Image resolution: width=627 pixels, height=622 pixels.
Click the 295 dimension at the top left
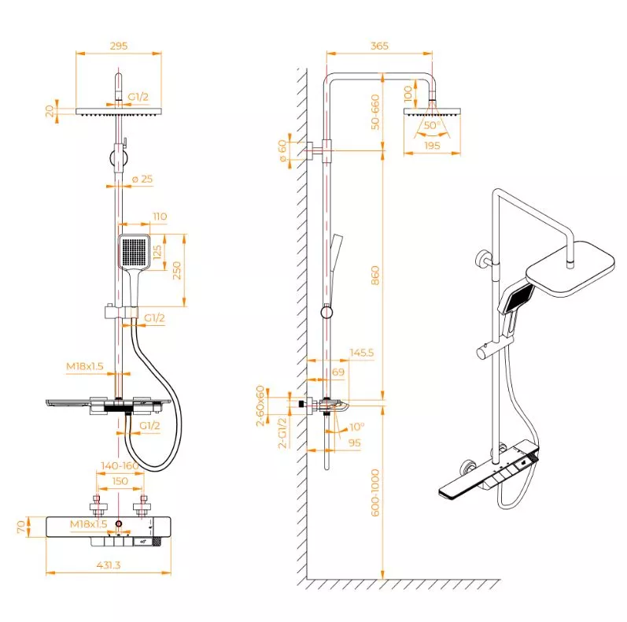tap(119, 46)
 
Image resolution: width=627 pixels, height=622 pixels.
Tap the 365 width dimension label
tap(379, 46)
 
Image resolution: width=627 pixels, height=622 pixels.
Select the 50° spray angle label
tap(432, 125)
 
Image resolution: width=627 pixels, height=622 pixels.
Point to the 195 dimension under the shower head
tap(432, 146)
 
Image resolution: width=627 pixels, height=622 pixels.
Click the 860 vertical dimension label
tap(375, 276)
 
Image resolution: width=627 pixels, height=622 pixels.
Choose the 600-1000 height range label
tap(375, 493)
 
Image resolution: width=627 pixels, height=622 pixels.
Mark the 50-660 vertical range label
tap(375, 112)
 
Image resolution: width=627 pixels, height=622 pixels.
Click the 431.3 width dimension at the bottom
tap(109, 565)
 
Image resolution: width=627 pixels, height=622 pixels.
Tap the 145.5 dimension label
tap(361, 353)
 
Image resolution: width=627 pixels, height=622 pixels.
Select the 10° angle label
tap(356, 427)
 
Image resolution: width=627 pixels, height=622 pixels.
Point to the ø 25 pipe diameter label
tap(142, 179)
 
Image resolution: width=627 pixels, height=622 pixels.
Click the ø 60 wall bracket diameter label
tap(282, 151)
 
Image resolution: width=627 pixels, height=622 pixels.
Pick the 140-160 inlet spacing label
tap(120, 466)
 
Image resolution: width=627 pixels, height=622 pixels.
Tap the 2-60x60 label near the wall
tap(260, 405)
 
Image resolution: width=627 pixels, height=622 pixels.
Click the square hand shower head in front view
tap(135, 251)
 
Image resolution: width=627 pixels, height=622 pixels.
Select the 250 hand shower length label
tap(177, 271)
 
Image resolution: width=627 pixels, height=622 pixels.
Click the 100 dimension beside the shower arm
tap(408, 94)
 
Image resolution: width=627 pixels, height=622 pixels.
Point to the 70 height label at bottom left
tap(21, 527)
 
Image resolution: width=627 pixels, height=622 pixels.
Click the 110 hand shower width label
tap(160, 217)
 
